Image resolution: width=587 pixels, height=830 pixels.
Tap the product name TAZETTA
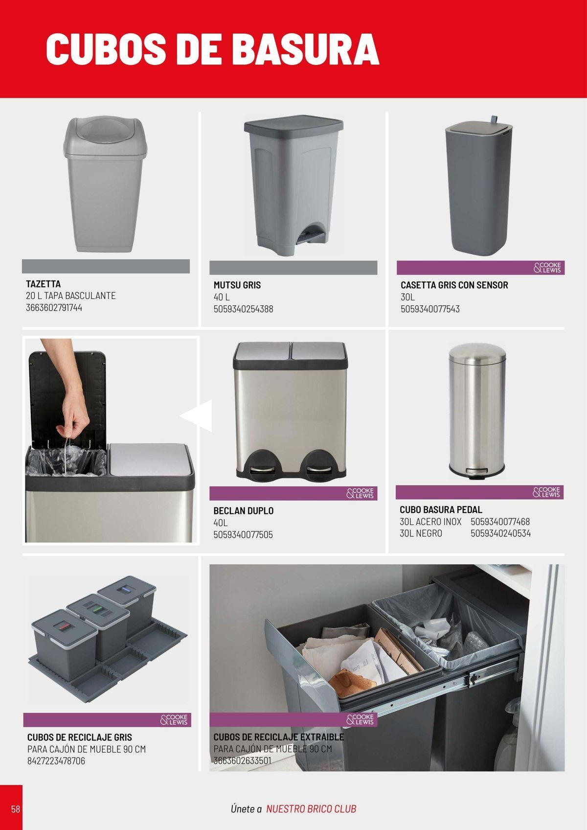click(44, 284)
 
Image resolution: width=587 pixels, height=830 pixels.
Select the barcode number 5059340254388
click(243, 309)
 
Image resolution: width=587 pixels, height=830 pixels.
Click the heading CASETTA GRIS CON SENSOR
click(454, 285)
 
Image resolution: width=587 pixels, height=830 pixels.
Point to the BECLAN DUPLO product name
click(243, 510)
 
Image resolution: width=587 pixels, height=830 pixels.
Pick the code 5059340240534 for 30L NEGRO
click(500, 533)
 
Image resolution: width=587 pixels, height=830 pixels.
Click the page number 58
click(16, 808)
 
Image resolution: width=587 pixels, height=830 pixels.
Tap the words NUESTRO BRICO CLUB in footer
click(311, 808)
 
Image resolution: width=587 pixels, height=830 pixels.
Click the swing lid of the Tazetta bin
click(105, 135)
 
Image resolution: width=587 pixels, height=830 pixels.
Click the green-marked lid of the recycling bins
click(98, 608)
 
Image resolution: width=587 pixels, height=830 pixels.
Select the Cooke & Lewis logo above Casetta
click(547, 268)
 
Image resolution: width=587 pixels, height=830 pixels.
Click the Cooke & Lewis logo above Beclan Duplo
click(360, 493)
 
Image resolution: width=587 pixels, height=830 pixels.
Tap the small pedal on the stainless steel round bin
click(476, 471)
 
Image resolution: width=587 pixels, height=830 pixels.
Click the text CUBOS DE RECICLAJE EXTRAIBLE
click(278, 738)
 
